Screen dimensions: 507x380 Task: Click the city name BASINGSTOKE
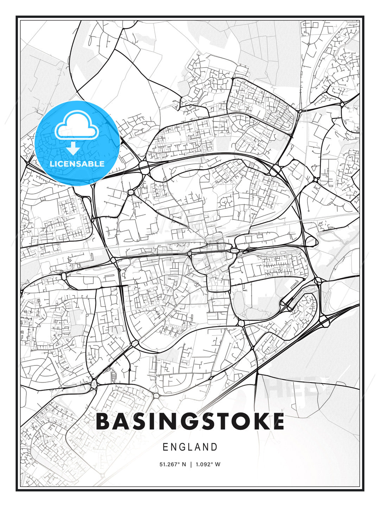(190, 421)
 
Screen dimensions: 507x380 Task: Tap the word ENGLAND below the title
(190, 447)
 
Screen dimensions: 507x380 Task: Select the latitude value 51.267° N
(173, 464)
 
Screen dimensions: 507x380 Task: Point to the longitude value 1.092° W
(208, 464)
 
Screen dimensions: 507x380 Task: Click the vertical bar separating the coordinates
(190, 464)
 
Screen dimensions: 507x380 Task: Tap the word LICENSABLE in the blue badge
(77, 164)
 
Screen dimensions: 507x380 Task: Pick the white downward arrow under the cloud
(73, 149)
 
